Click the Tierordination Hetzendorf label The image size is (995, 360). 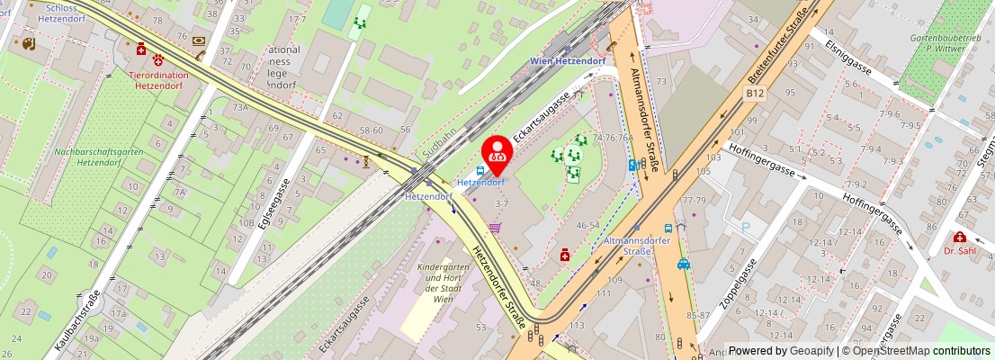159,81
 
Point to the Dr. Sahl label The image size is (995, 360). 960,251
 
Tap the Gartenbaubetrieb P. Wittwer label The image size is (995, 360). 944,44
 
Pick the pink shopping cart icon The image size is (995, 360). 495,229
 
